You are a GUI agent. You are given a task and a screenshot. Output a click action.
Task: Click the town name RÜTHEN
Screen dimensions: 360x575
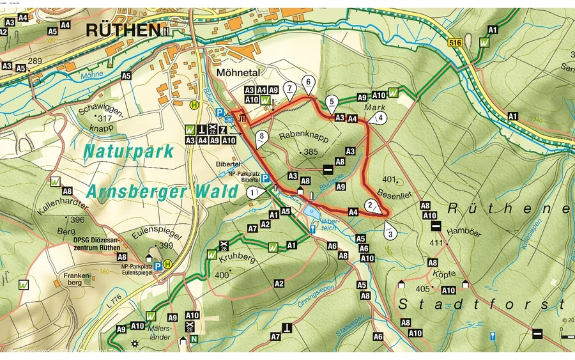point(123,29)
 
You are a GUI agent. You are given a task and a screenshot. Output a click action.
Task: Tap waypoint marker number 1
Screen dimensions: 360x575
point(254,192)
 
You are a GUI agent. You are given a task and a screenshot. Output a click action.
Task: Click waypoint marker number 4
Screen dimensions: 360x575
point(381,118)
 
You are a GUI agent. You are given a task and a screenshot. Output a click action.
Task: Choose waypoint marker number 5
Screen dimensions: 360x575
point(331,101)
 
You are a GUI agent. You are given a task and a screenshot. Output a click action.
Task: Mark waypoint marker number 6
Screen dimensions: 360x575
point(308,82)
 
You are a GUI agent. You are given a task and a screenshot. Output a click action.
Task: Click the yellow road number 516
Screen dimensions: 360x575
point(454,42)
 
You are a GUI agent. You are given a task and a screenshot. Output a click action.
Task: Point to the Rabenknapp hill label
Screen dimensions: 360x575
point(298,135)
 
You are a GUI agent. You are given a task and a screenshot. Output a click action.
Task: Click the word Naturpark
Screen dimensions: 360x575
point(128,151)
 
